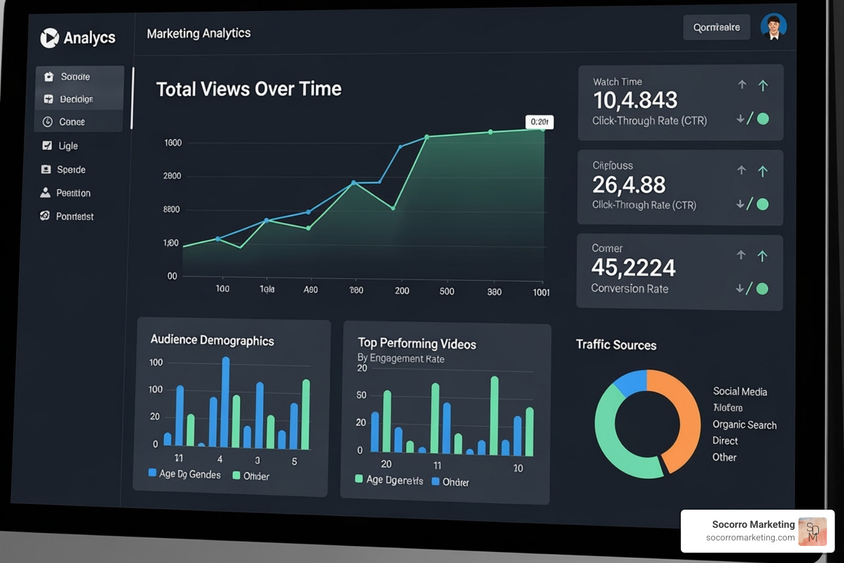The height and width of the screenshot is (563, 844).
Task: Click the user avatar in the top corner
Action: [773, 26]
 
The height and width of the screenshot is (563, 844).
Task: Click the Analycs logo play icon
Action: [49, 38]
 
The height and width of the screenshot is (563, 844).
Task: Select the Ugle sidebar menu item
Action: [68, 146]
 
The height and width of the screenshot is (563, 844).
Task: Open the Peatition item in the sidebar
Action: [73, 193]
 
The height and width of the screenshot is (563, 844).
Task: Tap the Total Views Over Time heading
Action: [248, 89]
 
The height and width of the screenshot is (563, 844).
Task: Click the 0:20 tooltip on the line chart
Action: [539, 122]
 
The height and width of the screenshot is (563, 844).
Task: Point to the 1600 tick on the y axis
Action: [173, 143]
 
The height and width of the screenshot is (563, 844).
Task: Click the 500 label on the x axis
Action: [447, 291]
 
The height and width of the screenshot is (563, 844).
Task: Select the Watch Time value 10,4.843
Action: [635, 100]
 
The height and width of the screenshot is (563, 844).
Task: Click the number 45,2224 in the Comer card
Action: [633, 268]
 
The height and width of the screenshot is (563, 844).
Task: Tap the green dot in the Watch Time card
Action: [763, 119]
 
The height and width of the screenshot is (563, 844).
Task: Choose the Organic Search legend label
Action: [744, 425]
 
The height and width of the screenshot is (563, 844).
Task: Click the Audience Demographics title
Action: [212, 340]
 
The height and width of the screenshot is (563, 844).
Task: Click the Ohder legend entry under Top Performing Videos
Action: [455, 482]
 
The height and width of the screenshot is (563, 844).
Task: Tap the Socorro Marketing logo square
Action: [812, 532]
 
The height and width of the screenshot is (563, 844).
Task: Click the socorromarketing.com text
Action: [750, 538]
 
